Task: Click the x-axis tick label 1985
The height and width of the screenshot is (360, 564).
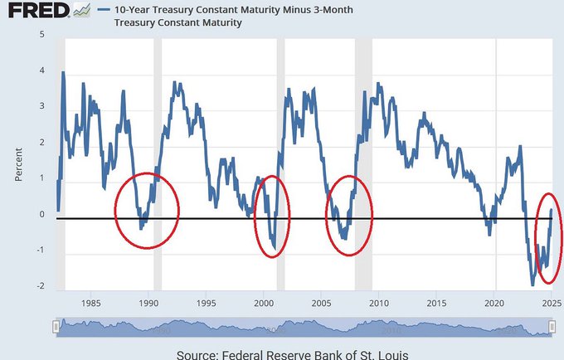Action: point(90,304)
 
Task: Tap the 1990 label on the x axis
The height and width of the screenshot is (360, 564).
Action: point(148,304)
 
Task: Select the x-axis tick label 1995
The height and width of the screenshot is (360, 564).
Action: point(207,304)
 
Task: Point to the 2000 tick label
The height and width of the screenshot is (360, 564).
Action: point(264,304)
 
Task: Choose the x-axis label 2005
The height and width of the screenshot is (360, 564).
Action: point(321,304)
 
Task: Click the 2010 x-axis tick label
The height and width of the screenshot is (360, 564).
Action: point(379,304)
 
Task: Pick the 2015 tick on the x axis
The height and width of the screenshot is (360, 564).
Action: point(437,304)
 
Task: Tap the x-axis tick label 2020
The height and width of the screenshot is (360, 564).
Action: point(495,304)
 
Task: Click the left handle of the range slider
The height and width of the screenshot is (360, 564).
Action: point(56,328)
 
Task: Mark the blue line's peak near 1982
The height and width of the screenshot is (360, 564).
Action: point(63,73)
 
